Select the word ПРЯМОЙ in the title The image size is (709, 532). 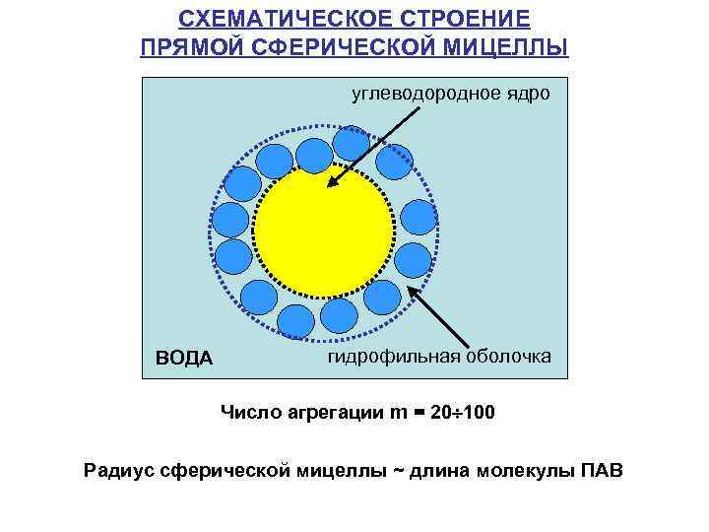click(x=193, y=48)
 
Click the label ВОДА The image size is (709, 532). click(x=184, y=358)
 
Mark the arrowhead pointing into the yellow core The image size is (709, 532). click(x=334, y=180)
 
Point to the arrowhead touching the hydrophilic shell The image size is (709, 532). click(x=414, y=292)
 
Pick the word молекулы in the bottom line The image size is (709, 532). click(x=520, y=469)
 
